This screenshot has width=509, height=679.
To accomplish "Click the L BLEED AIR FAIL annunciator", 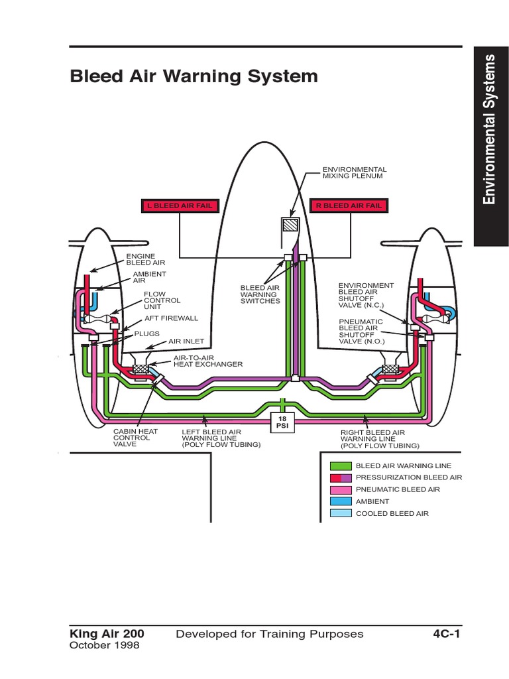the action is click(180, 206).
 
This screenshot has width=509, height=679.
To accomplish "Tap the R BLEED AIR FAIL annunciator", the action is click(349, 206).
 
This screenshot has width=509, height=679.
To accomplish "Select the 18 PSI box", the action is click(282, 422).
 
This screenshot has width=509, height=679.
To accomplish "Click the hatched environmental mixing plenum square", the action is click(290, 225).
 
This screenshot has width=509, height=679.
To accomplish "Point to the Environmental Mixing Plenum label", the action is click(355, 173).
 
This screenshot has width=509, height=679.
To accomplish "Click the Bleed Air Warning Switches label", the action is click(260, 294).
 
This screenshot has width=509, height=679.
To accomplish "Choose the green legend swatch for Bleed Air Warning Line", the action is click(341, 466).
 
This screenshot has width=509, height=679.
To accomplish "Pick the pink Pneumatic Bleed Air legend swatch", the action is click(341, 490).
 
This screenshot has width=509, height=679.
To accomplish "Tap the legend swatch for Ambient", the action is click(341, 501).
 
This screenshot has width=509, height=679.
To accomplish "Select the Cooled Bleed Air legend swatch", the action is click(341, 514).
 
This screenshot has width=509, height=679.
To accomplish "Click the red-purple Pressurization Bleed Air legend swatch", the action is click(341, 478).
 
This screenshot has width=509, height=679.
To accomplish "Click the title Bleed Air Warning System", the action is click(194, 76).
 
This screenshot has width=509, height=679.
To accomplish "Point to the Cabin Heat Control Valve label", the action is click(135, 438).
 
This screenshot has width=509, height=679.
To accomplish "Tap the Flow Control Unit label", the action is click(162, 300).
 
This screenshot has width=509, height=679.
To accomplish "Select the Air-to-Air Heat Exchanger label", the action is click(208, 361).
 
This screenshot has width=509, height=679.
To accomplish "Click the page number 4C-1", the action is click(446, 634).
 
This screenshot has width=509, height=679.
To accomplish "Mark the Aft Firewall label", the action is click(172, 318).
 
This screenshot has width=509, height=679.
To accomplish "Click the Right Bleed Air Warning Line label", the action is click(380, 439).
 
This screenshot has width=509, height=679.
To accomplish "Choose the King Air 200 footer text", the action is click(107, 634).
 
